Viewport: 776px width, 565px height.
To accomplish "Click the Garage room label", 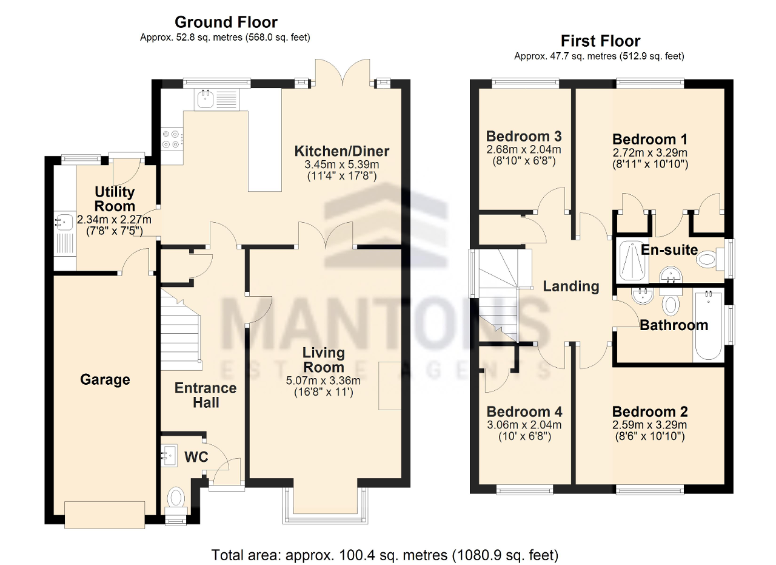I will coord(105,380).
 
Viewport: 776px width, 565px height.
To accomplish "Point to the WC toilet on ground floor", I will coord(176,499).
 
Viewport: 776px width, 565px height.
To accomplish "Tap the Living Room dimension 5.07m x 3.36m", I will coord(323,381).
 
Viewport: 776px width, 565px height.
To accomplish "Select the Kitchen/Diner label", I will coord(342,151).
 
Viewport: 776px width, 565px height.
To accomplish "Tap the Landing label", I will coord(570,286).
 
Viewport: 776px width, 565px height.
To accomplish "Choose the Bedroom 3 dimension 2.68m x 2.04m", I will coord(524,150).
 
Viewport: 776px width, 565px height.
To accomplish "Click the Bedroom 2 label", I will coord(649,411).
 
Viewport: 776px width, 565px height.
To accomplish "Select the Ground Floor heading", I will coord(226,22).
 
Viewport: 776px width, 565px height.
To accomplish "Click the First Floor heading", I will coord(600,41).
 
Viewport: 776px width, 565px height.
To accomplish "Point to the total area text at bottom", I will coord(384,555).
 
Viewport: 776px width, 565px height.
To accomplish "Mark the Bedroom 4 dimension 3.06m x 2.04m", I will coord(524,425).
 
